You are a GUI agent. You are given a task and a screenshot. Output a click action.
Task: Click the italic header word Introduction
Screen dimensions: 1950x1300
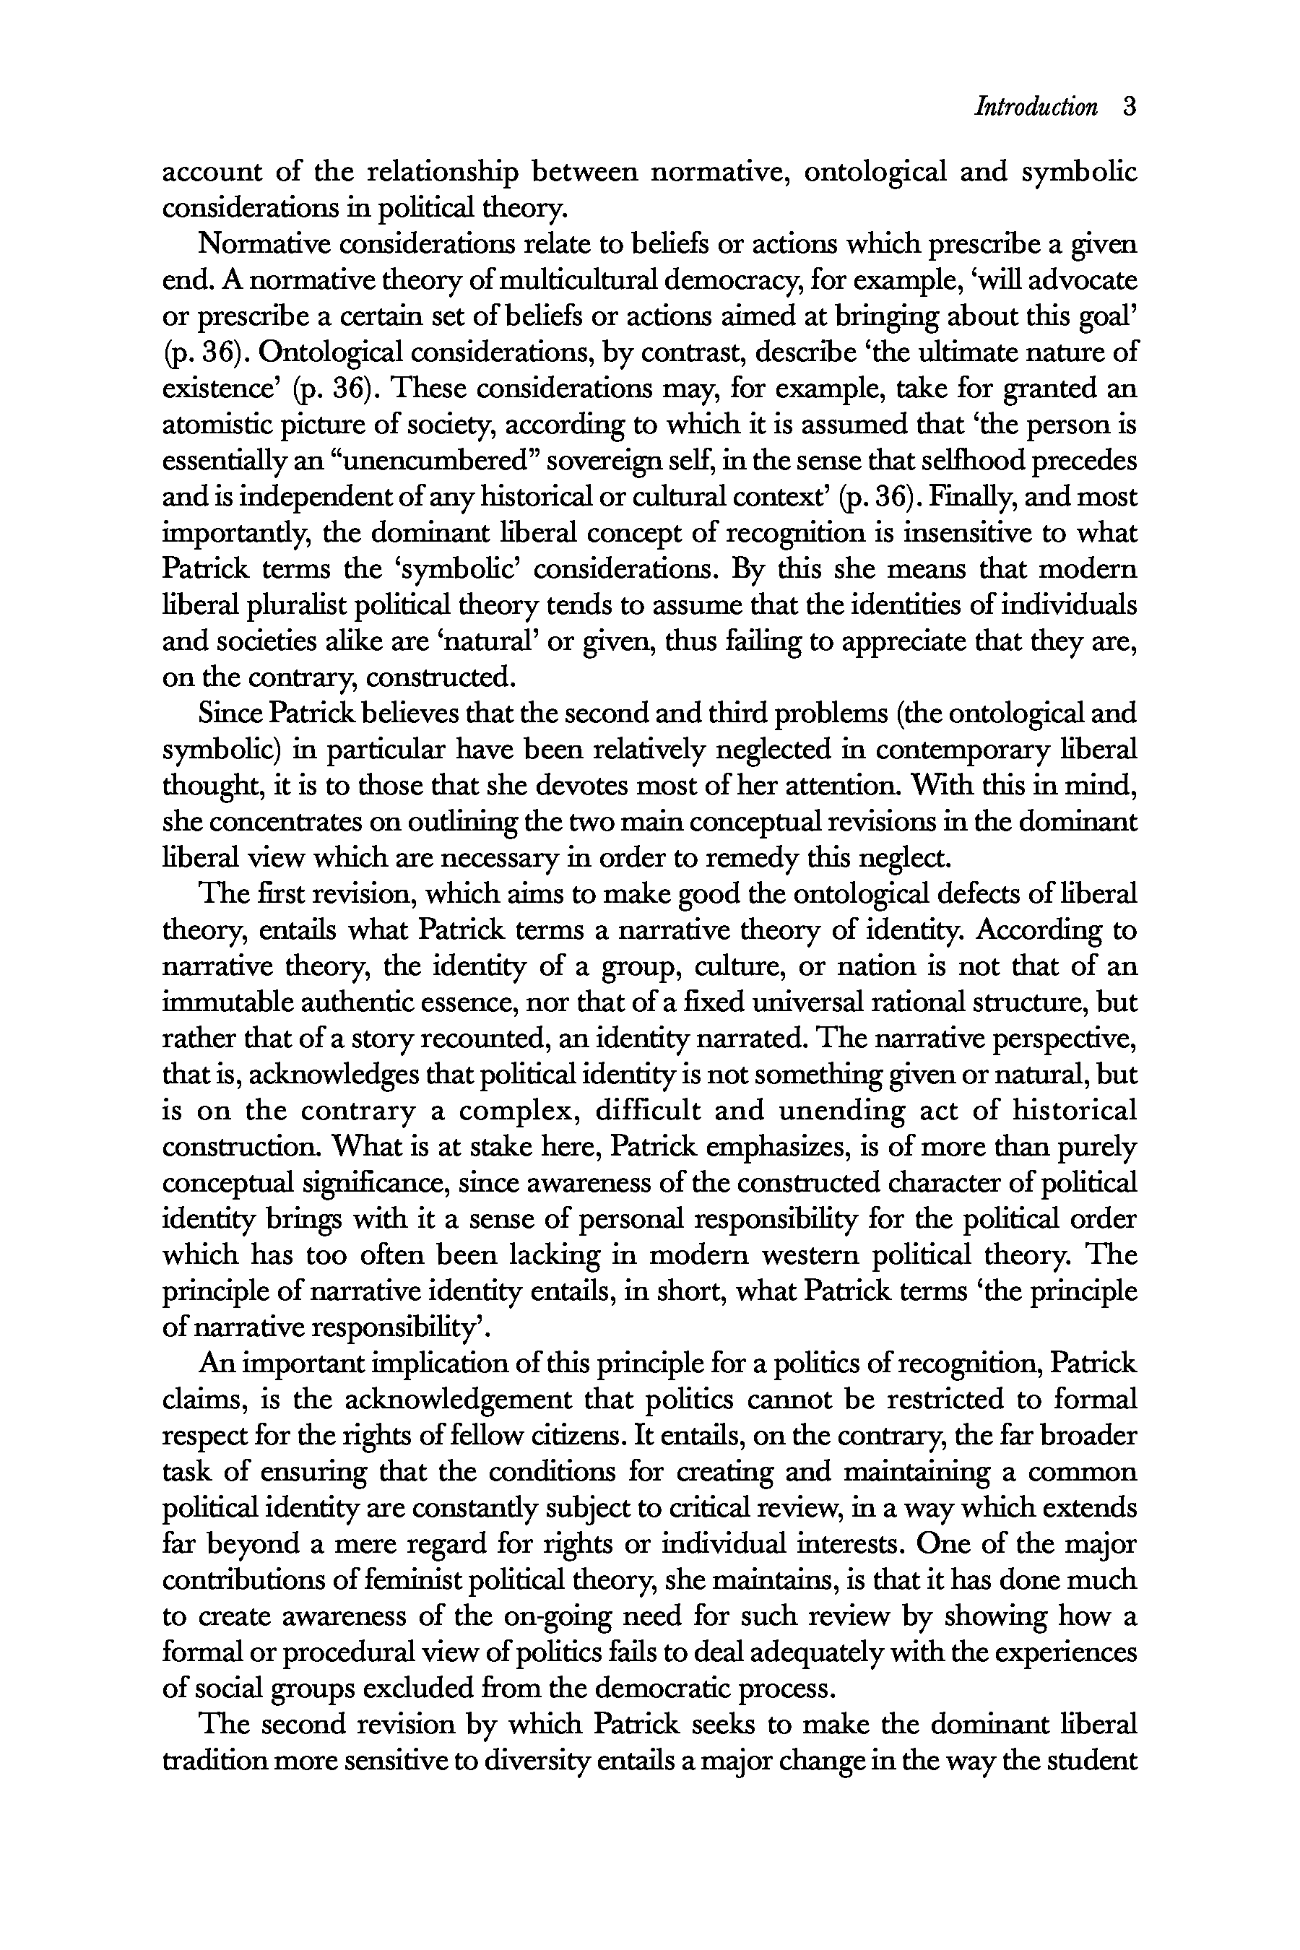1036,107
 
